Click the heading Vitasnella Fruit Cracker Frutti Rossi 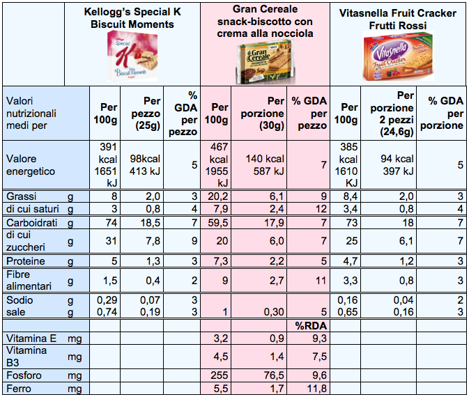pos(397,19)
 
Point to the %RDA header pos(308,325)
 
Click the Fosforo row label pos(22,375)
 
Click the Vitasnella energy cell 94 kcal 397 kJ pos(394,164)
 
